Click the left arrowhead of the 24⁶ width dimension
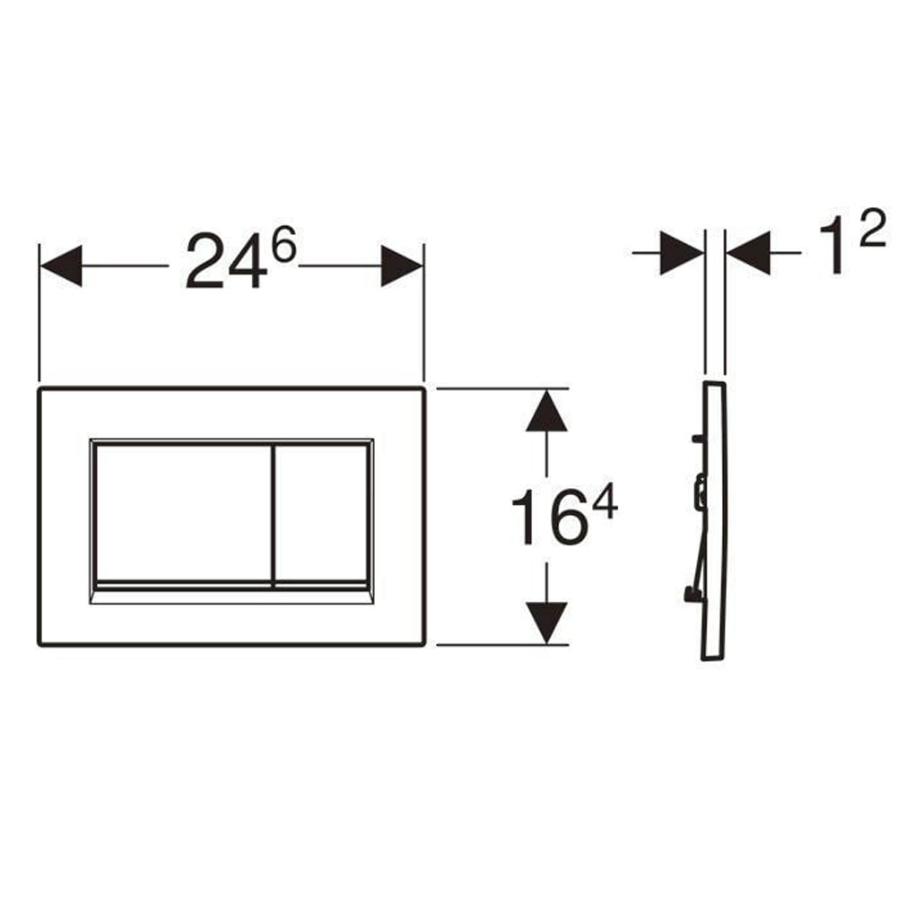[x=61, y=266]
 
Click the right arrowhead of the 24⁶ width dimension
[x=402, y=266]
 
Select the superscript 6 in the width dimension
[x=283, y=244]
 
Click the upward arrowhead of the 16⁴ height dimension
[x=547, y=411]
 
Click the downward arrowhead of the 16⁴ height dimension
[x=547, y=623]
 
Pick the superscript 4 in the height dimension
[x=605, y=501]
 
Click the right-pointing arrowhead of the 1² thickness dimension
[x=682, y=253]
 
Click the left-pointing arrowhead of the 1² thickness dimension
[x=748, y=253]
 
